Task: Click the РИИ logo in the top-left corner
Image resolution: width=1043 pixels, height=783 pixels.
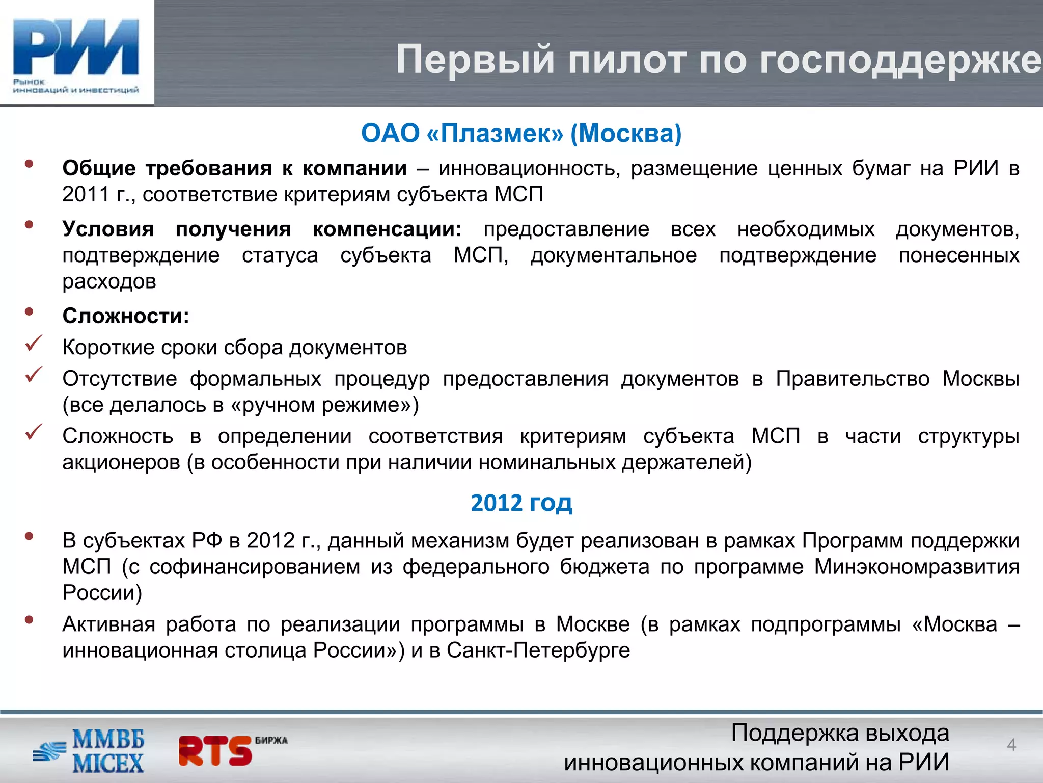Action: [76, 54]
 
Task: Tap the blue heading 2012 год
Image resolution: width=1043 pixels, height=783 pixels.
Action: [521, 503]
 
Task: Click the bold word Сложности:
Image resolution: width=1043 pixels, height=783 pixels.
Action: [125, 316]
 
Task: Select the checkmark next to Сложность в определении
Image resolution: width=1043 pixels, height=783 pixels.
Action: [34, 432]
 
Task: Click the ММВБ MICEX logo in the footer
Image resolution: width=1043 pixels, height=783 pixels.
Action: [89, 751]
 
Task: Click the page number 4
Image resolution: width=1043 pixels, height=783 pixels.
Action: [1011, 745]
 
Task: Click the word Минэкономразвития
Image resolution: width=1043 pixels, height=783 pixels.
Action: [916, 567]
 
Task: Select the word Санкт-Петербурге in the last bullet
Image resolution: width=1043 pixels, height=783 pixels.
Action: [538, 650]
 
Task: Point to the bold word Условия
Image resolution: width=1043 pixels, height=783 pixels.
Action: [108, 229]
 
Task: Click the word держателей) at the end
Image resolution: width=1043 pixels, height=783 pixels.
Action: [686, 462]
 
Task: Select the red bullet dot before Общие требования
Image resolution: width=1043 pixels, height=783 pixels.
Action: [29, 164]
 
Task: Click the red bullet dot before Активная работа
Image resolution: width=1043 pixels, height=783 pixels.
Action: [29, 620]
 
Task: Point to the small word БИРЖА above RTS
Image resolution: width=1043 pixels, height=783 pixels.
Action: [271, 740]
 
